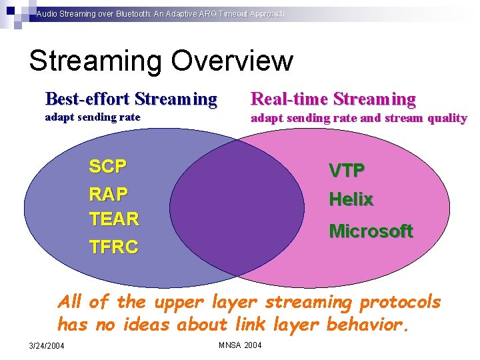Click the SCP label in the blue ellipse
point(108,166)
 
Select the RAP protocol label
point(108,193)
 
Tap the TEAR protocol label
point(114,219)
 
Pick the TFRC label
point(114,247)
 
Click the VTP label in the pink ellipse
point(346,171)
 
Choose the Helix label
point(351,199)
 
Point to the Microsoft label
point(371,231)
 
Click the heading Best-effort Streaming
point(131,99)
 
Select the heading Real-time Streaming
point(333,99)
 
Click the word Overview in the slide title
point(231,61)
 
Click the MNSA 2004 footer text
point(240,345)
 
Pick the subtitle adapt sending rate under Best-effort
point(92,117)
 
